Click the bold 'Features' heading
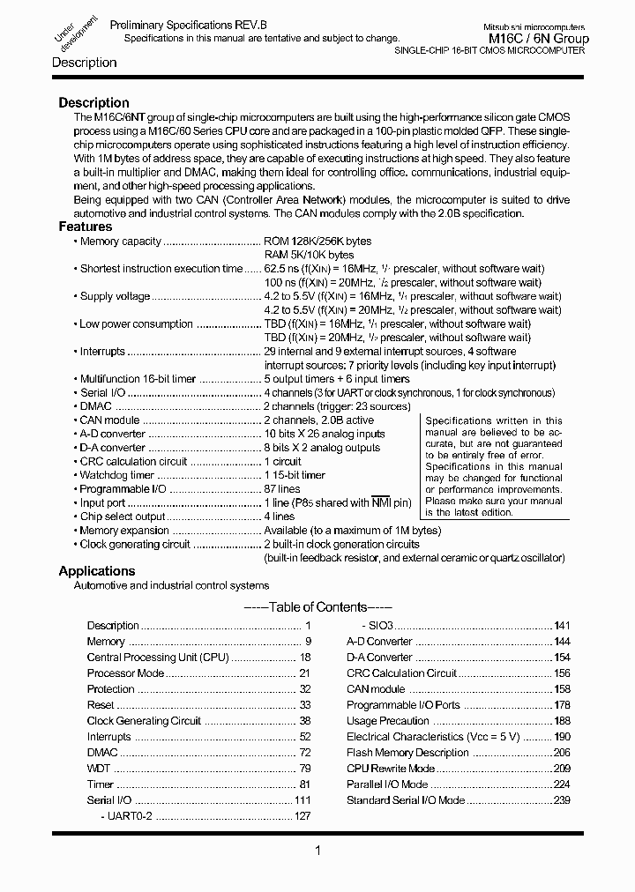click(x=86, y=227)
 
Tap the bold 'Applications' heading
click(x=96, y=571)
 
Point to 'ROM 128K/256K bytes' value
click(x=317, y=241)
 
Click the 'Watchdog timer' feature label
click(x=116, y=475)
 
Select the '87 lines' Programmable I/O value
click(x=282, y=489)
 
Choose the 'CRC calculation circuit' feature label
click(x=133, y=461)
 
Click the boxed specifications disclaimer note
click(x=493, y=466)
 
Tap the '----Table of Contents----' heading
click(x=317, y=606)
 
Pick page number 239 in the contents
click(x=562, y=800)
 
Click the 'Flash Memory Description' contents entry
click(x=407, y=753)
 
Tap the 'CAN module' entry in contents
click(x=376, y=689)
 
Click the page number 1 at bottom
click(x=317, y=851)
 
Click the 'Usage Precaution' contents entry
click(x=387, y=721)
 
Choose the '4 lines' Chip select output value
click(x=280, y=517)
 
